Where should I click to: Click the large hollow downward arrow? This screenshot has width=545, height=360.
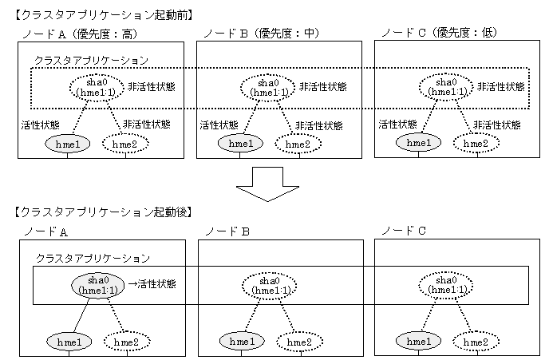[272, 184]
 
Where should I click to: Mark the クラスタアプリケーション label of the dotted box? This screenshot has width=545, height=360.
[90, 61]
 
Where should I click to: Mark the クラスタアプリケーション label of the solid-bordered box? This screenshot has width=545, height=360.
[93, 259]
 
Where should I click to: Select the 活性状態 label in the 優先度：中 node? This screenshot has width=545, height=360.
[216, 125]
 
